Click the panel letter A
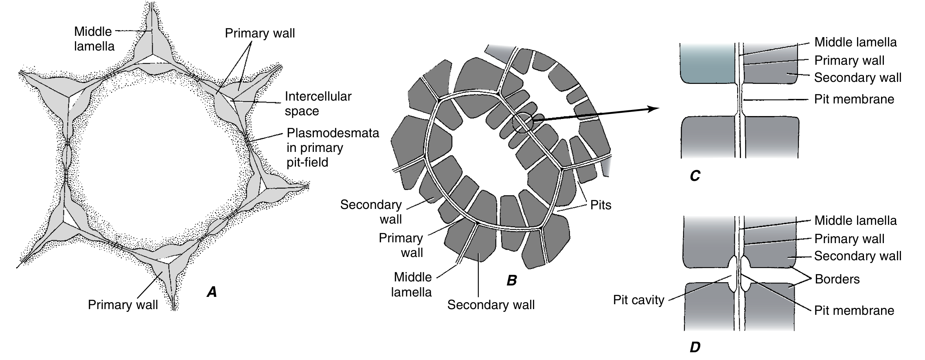[x=212, y=291]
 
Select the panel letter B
[x=511, y=281]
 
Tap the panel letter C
[x=695, y=176]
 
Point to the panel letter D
[x=695, y=347]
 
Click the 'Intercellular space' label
[x=318, y=103]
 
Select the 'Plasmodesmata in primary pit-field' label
[x=332, y=147]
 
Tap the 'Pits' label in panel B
[x=601, y=204]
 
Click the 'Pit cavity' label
[x=638, y=300]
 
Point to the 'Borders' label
[x=837, y=279]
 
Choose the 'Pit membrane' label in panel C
[x=854, y=99]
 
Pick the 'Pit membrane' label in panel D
[x=854, y=310]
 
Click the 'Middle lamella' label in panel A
[x=94, y=39]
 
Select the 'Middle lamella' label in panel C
[x=855, y=42]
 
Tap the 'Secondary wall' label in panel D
[x=857, y=256]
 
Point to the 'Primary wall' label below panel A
[x=123, y=305]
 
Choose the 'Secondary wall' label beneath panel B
[x=491, y=305]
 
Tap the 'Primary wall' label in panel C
[x=849, y=60]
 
